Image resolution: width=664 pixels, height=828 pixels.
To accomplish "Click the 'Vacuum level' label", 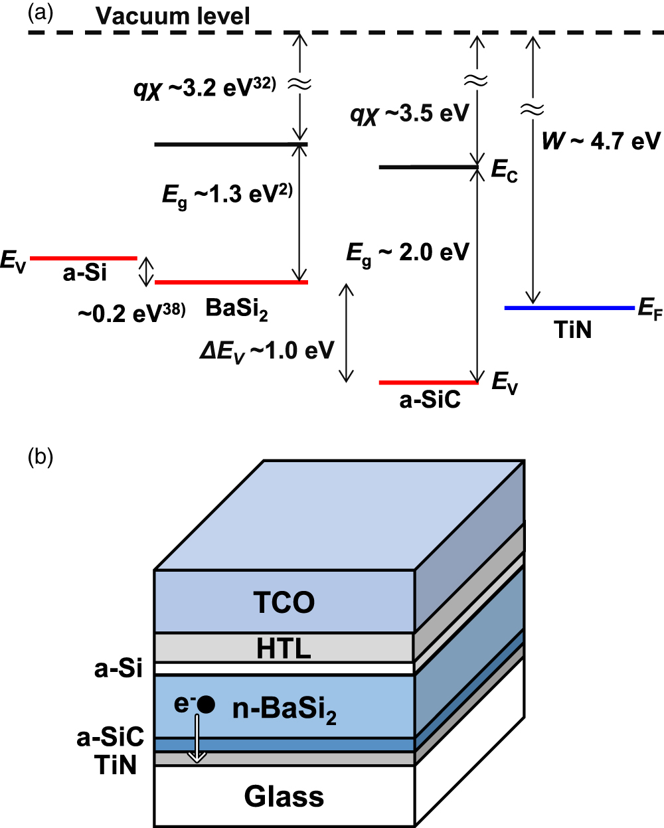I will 173,15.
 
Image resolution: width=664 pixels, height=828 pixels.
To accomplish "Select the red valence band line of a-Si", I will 83,258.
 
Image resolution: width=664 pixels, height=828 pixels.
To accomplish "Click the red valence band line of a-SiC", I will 428,382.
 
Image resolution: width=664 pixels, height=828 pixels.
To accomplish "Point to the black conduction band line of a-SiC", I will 428,167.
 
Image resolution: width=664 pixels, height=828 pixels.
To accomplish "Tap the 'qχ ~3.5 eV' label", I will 410,114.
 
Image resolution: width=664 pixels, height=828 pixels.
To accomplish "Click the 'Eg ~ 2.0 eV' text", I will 408,253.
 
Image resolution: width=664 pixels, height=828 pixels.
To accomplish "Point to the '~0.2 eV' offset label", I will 131,313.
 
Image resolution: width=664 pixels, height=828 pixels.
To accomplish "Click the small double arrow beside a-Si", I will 145,271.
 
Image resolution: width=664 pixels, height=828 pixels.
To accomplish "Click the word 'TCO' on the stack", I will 284,602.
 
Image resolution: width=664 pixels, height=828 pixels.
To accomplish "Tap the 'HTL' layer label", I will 284,648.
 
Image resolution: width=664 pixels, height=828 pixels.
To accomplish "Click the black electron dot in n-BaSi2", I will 206,705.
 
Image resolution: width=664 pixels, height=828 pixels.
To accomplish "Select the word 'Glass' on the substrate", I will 284,796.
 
